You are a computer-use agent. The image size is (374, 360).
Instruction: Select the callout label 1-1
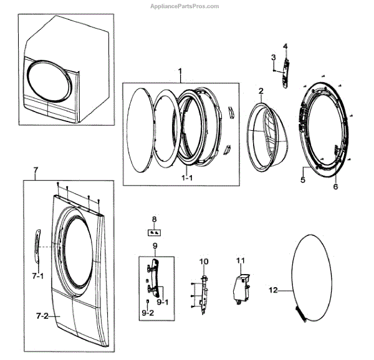pos(186,179)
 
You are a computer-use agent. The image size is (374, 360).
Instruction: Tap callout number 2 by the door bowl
pos(261,91)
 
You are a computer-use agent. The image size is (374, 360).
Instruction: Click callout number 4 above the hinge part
pos(285,47)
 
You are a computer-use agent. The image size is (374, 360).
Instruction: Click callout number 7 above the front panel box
pos(36,169)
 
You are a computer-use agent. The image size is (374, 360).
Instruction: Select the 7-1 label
pos(38,275)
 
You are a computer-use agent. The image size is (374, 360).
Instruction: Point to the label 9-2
pos(147,311)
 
